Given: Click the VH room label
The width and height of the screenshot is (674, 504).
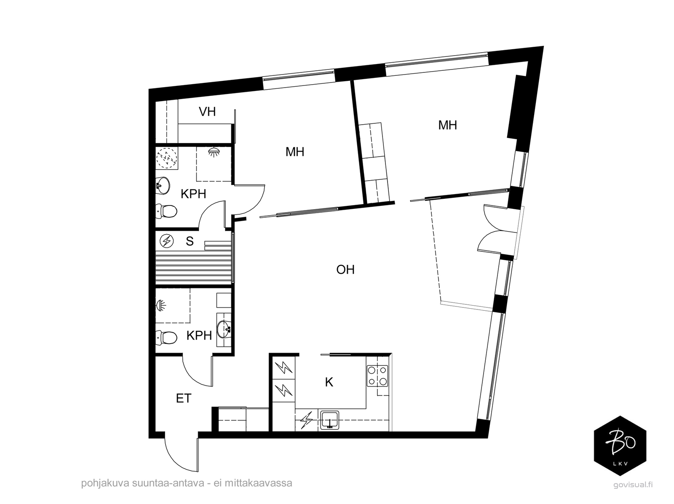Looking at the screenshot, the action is [207, 112].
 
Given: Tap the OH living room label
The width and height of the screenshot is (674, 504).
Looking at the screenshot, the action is [345, 270].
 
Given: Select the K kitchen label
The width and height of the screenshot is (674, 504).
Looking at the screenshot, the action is [329, 382].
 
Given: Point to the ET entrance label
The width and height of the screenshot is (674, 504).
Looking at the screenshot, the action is [184, 399].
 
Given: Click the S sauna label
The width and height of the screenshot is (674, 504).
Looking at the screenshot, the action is [190, 241].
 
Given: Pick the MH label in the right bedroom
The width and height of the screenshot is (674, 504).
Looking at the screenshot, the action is [448, 125].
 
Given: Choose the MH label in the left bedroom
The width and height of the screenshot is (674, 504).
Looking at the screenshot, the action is [295, 152].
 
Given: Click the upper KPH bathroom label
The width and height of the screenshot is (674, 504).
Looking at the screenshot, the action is [193, 194].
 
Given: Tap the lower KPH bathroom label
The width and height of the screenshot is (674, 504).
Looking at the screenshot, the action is [199, 336].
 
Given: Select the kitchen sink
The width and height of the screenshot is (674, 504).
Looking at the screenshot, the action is [330, 420].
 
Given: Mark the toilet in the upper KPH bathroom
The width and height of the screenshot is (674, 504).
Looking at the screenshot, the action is [166, 211].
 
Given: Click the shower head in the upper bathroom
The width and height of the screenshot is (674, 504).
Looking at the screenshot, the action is [214, 152].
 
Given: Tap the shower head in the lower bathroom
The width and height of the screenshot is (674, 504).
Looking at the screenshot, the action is [160, 306].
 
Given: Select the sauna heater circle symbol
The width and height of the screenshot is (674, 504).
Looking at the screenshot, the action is [167, 241].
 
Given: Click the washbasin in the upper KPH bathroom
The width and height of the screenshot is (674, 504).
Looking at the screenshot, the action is [163, 185].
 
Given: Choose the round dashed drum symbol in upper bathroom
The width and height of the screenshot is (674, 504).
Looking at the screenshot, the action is [167, 159].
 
